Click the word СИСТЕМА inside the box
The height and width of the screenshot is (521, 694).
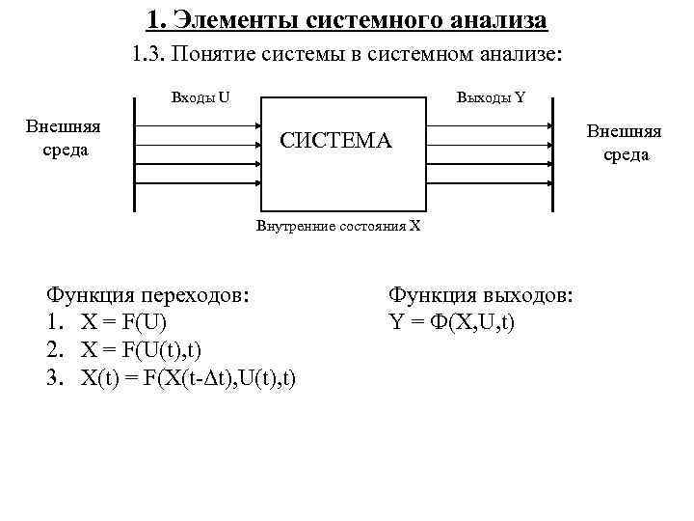point(335,141)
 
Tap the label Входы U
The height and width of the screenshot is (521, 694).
point(200,96)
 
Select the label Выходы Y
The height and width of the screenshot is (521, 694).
point(491,96)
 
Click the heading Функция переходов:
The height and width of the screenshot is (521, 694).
point(153,295)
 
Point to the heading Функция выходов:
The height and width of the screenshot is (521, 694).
point(481,295)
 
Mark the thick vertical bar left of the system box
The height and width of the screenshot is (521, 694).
point(133,154)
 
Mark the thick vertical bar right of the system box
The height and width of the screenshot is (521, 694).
point(552,154)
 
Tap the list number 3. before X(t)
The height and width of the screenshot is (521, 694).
point(55,376)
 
